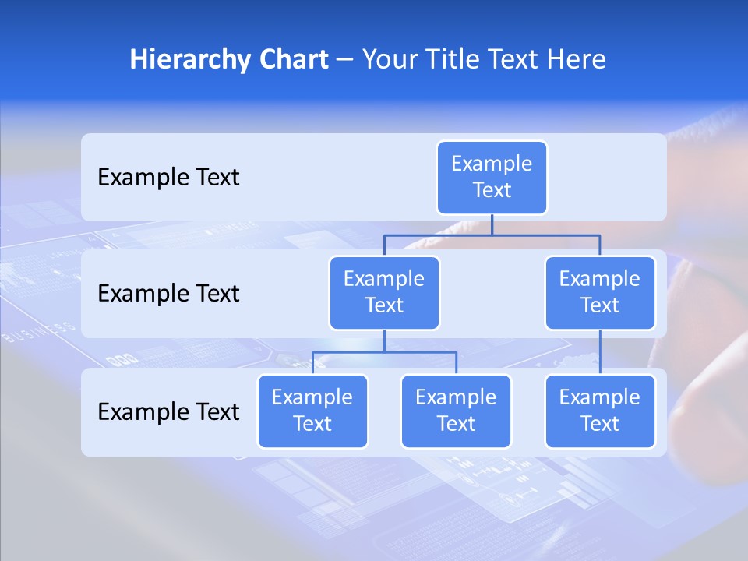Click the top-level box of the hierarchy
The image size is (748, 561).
492,177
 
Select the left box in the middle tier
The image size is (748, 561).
384,292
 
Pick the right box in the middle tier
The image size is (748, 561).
600,292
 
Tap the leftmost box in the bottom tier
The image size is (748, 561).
312,411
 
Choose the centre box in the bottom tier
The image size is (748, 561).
456,411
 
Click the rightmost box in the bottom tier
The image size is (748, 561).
600,411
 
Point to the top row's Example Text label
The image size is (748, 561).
168,178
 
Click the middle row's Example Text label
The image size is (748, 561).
168,294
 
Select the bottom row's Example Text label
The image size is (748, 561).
168,411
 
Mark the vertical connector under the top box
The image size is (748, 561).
492,224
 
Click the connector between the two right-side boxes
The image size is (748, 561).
600,351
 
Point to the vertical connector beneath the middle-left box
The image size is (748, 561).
384,340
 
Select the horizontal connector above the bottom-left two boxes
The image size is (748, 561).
384,352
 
